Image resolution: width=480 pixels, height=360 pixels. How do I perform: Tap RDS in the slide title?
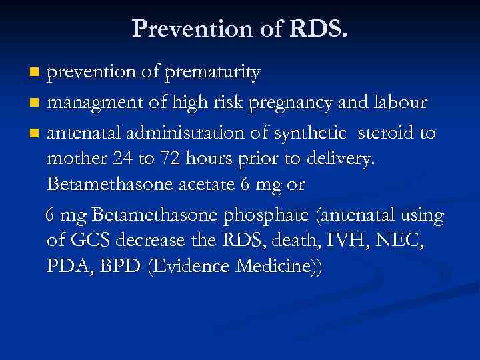coord(317,28)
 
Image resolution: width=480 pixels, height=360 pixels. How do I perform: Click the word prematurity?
coord(216,73)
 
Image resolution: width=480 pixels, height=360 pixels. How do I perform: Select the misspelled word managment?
coord(86,103)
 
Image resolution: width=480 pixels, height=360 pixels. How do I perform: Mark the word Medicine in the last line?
coord(273,267)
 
